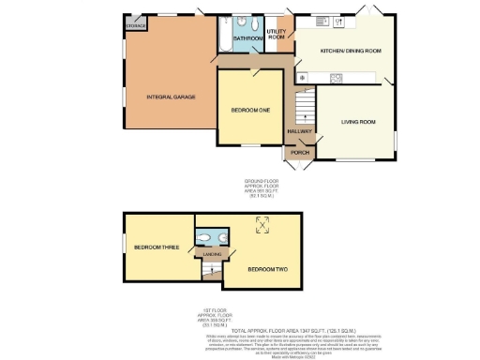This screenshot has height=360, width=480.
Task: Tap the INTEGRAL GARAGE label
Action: (170, 97)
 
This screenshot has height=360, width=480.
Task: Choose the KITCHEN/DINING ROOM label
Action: (351, 50)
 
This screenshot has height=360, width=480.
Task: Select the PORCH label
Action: (299, 152)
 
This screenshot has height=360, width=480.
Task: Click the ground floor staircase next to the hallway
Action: (304, 103)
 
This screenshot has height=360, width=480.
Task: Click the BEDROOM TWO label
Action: (267, 269)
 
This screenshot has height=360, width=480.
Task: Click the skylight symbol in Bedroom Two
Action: (262, 223)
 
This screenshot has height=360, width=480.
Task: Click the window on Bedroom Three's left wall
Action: (123, 247)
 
